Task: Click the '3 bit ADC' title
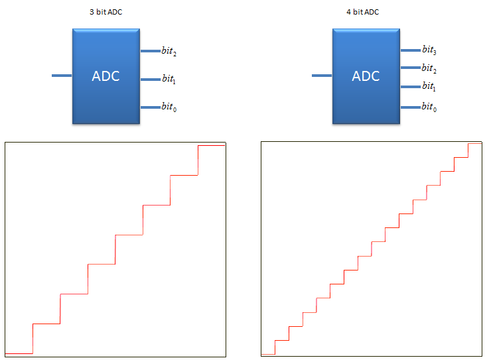106,12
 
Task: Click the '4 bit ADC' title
363,12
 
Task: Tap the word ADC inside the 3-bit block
105,76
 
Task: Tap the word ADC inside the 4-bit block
366,76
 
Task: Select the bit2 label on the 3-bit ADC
169,51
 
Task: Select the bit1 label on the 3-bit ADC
169,79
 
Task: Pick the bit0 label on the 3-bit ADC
169,107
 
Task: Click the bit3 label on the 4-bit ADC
429,50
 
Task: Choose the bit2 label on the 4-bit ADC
429,68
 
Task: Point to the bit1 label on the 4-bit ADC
429,86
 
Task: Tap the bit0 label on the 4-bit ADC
429,107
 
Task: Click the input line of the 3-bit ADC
62,76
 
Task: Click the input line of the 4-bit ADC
322,76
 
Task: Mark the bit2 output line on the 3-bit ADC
151,51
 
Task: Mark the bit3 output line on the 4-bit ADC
411,50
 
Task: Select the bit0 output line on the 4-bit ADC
411,107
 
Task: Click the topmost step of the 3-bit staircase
212,146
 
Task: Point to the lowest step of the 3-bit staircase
19,353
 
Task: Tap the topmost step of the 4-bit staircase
475,143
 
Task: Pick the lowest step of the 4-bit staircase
268,355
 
